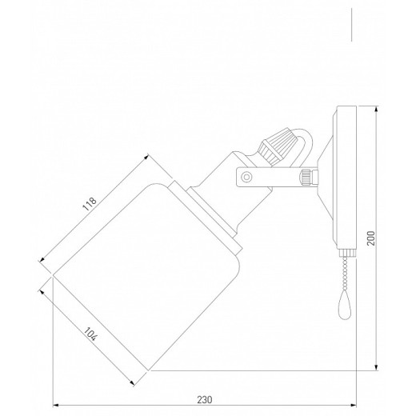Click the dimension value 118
pos(90,204)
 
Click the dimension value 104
pos(90,334)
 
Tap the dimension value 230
pos(205,399)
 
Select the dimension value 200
pos(370,238)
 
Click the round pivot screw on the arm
pos(246,177)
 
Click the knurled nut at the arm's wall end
pos(306,177)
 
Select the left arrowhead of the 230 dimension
pos(55,406)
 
